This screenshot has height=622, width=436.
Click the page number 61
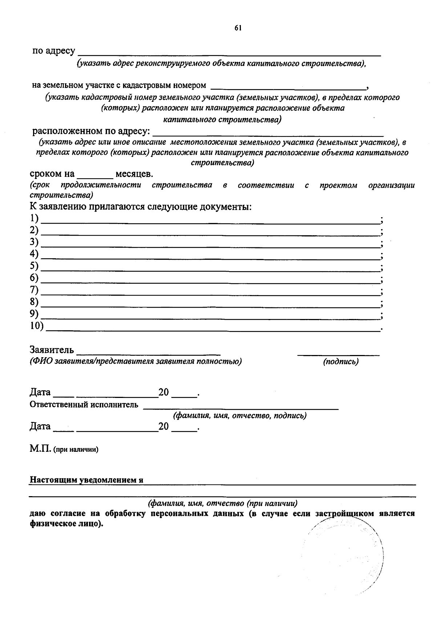tap(238, 28)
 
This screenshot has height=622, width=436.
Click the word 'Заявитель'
tap(52, 350)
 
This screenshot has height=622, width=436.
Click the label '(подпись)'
tap(340, 362)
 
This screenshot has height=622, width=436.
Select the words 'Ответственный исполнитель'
tap(84, 404)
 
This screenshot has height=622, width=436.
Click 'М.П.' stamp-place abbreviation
tap(40, 449)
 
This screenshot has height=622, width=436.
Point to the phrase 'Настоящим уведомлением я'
tap(86, 480)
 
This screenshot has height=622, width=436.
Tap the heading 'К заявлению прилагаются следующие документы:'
tap(141, 207)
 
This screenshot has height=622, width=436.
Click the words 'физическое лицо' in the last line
tap(64, 525)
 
